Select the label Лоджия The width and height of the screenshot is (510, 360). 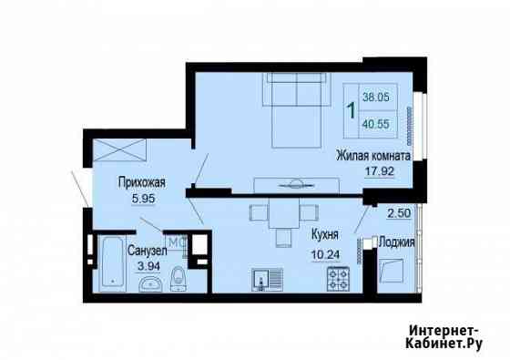coord(397,242)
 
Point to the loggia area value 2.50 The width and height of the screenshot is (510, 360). coord(397,213)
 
